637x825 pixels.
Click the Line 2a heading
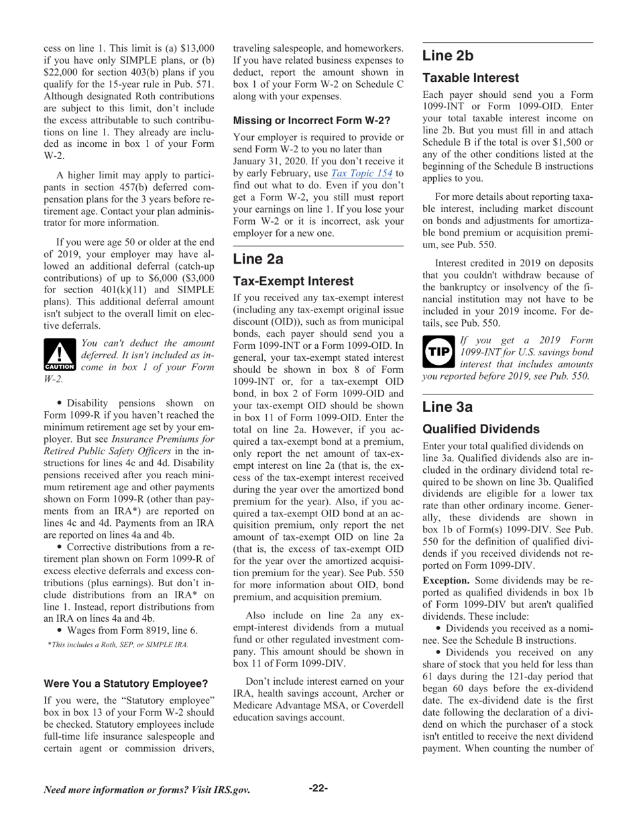[258, 259]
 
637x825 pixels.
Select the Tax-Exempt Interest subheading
[293, 281]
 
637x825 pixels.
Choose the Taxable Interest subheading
[470, 78]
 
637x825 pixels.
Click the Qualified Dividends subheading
[481, 429]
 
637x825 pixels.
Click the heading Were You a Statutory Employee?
[125, 683]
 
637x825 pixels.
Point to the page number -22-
[318, 788]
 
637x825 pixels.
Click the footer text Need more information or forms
[147, 789]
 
